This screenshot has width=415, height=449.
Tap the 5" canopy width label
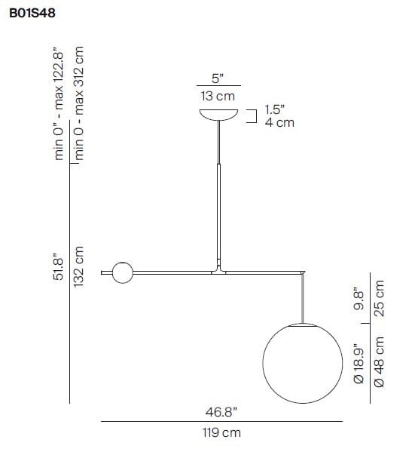coord(218,78)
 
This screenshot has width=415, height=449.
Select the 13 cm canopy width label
coord(218,96)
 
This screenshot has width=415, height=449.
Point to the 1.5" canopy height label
coord(275,109)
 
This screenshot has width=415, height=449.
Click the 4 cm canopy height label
coord(279,122)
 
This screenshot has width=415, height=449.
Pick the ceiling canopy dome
coord(218,114)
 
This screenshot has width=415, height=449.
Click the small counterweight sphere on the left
coord(122,272)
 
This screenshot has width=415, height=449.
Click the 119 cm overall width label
coord(221,433)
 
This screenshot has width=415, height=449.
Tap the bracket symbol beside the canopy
coord(252,115)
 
